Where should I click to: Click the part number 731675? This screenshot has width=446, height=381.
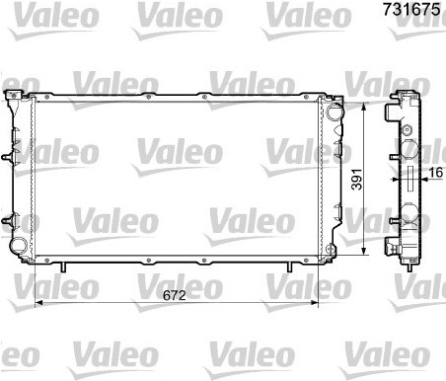411,9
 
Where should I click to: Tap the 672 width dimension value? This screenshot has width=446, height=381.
175,295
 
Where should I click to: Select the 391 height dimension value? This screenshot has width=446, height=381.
357,180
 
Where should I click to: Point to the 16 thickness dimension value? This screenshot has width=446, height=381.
436,173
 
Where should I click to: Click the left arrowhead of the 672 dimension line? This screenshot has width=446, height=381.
38,302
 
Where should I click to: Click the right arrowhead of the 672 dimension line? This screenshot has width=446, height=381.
315,302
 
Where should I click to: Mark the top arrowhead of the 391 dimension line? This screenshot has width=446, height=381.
363,108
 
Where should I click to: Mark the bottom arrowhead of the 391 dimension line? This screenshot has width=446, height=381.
363,251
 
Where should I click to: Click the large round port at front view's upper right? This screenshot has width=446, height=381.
334,112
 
